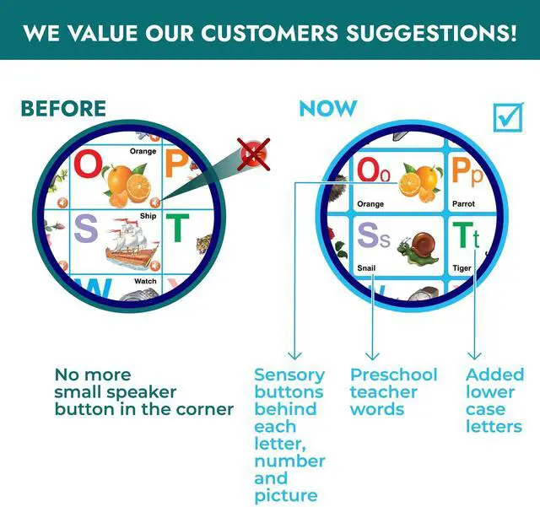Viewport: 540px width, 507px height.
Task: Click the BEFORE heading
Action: [63, 109]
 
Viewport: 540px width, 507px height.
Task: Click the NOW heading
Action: [328, 109]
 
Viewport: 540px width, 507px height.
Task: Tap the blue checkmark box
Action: [508, 117]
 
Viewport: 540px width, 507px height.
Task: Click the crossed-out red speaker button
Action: [254, 154]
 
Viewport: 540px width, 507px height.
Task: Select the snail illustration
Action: [418, 249]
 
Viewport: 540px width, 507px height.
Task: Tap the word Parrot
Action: [463, 204]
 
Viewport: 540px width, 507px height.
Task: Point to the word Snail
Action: [366, 267]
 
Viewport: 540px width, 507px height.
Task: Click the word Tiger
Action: [462, 268]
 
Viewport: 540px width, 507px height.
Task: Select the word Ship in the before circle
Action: [148, 216]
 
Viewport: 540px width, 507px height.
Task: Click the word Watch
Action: [145, 281]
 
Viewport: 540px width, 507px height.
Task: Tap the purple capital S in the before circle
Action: [86, 228]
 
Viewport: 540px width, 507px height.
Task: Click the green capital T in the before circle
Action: [177, 227]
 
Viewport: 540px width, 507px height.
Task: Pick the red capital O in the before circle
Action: [88, 164]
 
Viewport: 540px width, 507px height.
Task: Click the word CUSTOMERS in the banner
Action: [269, 34]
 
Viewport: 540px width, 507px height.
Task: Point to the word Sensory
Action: [289, 375]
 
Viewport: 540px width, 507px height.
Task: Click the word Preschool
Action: [394, 375]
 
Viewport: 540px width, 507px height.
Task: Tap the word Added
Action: [495, 375]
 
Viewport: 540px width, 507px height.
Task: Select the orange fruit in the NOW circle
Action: [420, 182]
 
